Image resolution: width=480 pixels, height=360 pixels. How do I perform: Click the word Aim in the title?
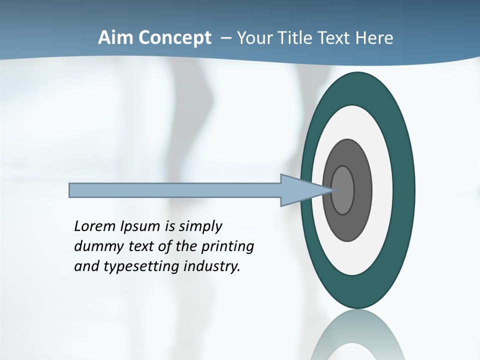tap(111, 38)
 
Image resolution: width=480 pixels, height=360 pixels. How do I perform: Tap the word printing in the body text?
tap(227, 247)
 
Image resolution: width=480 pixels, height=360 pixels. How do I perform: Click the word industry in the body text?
tap(212, 267)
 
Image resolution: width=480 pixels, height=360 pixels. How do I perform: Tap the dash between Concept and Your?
tap(225, 38)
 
